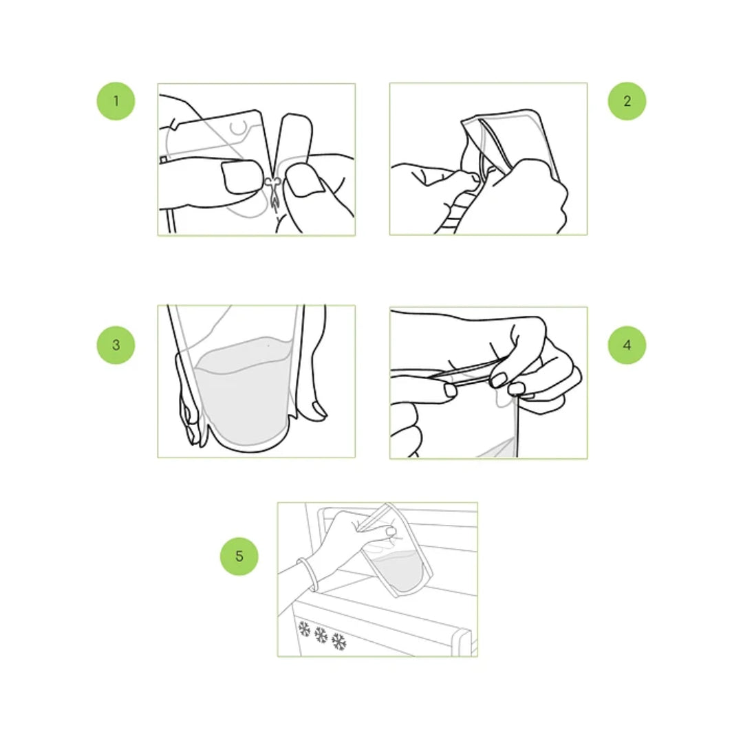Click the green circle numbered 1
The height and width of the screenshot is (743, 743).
pyautogui.click(x=116, y=101)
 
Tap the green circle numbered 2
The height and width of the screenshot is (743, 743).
pyautogui.click(x=627, y=101)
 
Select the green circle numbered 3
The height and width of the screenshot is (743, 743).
pyautogui.click(x=116, y=345)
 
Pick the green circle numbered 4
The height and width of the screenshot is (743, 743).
pyautogui.click(x=627, y=345)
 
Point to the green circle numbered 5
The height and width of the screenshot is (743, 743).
pyautogui.click(x=239, y=557)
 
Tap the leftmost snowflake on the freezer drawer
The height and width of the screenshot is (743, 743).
pyautogui.click(x=304, y=629)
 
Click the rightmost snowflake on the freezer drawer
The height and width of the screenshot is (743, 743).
pyautogui.click(x=338, y=642)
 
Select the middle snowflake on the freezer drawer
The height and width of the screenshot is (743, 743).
pyautogui.click(x=321, y=635)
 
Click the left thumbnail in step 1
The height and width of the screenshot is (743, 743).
pyautogui.click(x=241, y=177)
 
